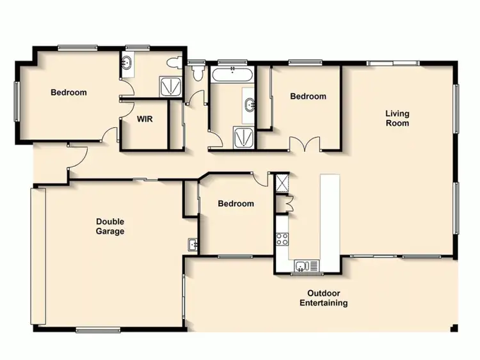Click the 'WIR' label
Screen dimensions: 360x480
(143, 118)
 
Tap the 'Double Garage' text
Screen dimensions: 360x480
(110, 226)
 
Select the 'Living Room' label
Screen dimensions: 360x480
(397, 118)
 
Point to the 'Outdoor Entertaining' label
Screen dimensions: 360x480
(324, 298)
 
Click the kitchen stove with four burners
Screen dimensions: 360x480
(282, 240)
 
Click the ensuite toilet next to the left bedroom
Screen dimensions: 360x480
(173, 64)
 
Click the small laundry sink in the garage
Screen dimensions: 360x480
(192, 244)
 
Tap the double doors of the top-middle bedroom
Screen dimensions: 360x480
(305, 144)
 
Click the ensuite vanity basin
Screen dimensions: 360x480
(127, 64)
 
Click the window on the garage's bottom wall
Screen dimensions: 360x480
(98, 330)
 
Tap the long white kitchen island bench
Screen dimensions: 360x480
(331, 221)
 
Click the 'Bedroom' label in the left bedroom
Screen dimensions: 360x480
(68, 93)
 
